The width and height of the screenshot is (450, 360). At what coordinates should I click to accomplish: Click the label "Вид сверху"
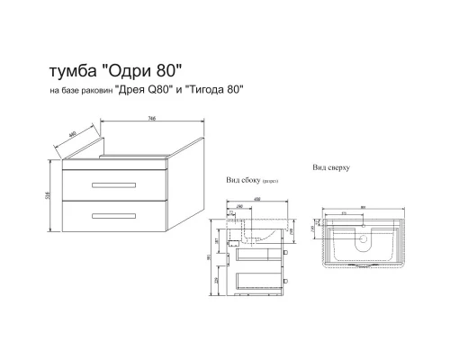click(x=330, y=167)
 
